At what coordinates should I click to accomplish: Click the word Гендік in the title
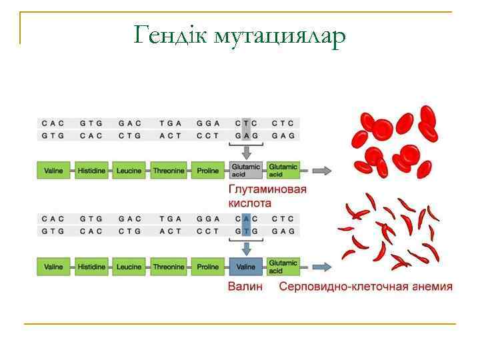[170, 34]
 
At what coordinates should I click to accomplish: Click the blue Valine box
[245, 267]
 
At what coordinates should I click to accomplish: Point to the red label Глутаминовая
[267, 189]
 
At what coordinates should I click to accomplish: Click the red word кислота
[250, 202]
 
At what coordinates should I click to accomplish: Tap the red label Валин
[245, 287]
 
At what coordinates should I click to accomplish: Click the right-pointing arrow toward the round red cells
[322, 171]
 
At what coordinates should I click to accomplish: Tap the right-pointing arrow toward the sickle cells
[322, 267]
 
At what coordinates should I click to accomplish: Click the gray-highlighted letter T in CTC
[246, 123]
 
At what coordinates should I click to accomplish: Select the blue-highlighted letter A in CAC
[246, 218]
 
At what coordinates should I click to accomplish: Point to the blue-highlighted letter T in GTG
[246, 231]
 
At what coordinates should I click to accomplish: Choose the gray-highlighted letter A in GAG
[246, 135]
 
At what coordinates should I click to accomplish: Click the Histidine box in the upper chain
[91, 171]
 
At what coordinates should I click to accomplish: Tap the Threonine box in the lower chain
[168, 267]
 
